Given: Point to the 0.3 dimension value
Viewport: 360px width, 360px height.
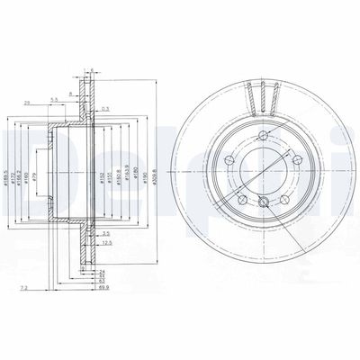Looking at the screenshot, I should point(106,108).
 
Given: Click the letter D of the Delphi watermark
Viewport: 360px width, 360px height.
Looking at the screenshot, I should point(20,157).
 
